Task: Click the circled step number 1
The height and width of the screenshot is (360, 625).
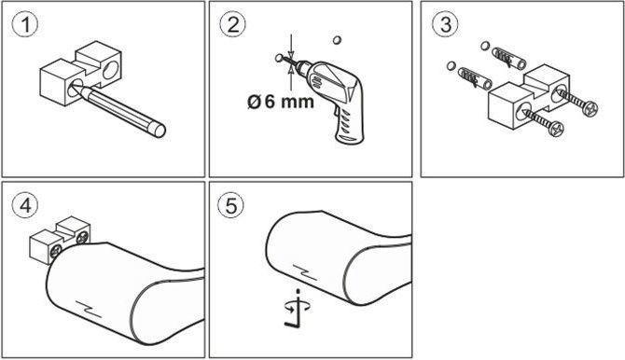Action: (x=25, y=25)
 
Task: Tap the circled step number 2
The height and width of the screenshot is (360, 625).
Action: (x=233, y=25)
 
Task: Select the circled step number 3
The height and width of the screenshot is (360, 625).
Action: (x=445, y=25)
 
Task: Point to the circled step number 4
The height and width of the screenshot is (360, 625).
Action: (x=25, y=206)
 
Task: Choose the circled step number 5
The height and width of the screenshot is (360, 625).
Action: (x=231, y=206)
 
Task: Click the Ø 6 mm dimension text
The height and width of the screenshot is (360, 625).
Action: (x=280, y=102)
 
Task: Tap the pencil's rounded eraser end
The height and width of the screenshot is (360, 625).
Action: (x=159, y=131)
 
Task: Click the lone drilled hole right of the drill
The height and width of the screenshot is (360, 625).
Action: (x=337, y=40)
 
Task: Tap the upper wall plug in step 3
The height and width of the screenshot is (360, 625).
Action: (x=507, y=58)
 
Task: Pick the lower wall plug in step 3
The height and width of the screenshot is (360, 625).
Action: (x=475, y=79)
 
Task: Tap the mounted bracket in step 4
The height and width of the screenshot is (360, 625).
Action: (x=60, y=240)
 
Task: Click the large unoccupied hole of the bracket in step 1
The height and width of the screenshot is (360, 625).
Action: (x=110, y=70)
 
